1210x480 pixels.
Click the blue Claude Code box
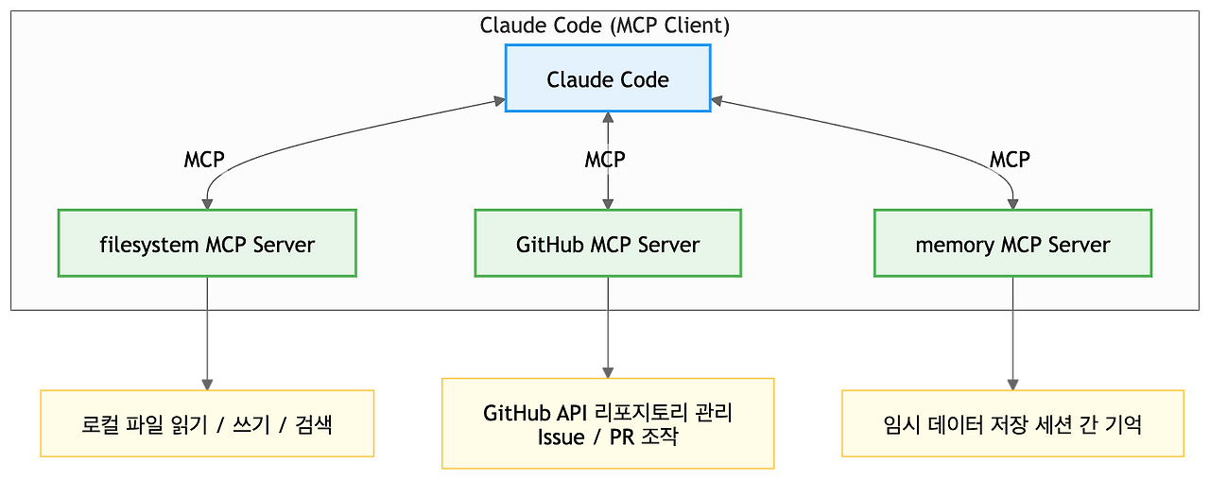click(x=608, y=79)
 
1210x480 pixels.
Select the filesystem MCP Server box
click(x=207, y=244)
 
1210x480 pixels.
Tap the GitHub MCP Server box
click(x=608, y=244)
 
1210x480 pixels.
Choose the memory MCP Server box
click(x=1012, y=244)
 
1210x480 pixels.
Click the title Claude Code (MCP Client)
click(x=605, y=26)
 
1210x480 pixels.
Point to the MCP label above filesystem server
click(x=204, y=160)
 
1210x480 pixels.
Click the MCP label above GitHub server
click(x=605, y=160)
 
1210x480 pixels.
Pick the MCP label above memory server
click(x=1010, y=160)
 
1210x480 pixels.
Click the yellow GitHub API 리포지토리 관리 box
click(x=608, y=424)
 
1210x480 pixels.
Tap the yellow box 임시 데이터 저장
click(x=1012, y=424)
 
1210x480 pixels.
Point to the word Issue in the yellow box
click(x=562, y=437)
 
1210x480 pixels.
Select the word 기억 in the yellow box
click(x=1123, y=424)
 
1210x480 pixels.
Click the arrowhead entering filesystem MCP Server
click(x=207, y=204)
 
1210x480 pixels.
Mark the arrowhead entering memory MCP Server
click(x=1012, y=204)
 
